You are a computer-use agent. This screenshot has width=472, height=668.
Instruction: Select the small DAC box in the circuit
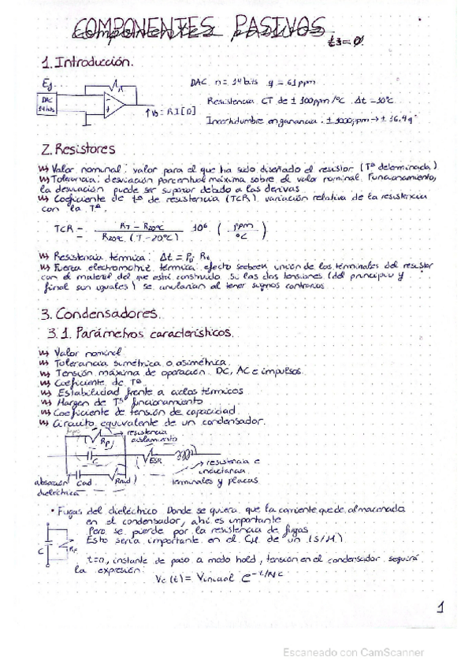coord(46,104)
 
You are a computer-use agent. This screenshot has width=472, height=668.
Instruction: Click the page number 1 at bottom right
coord(439,607)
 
